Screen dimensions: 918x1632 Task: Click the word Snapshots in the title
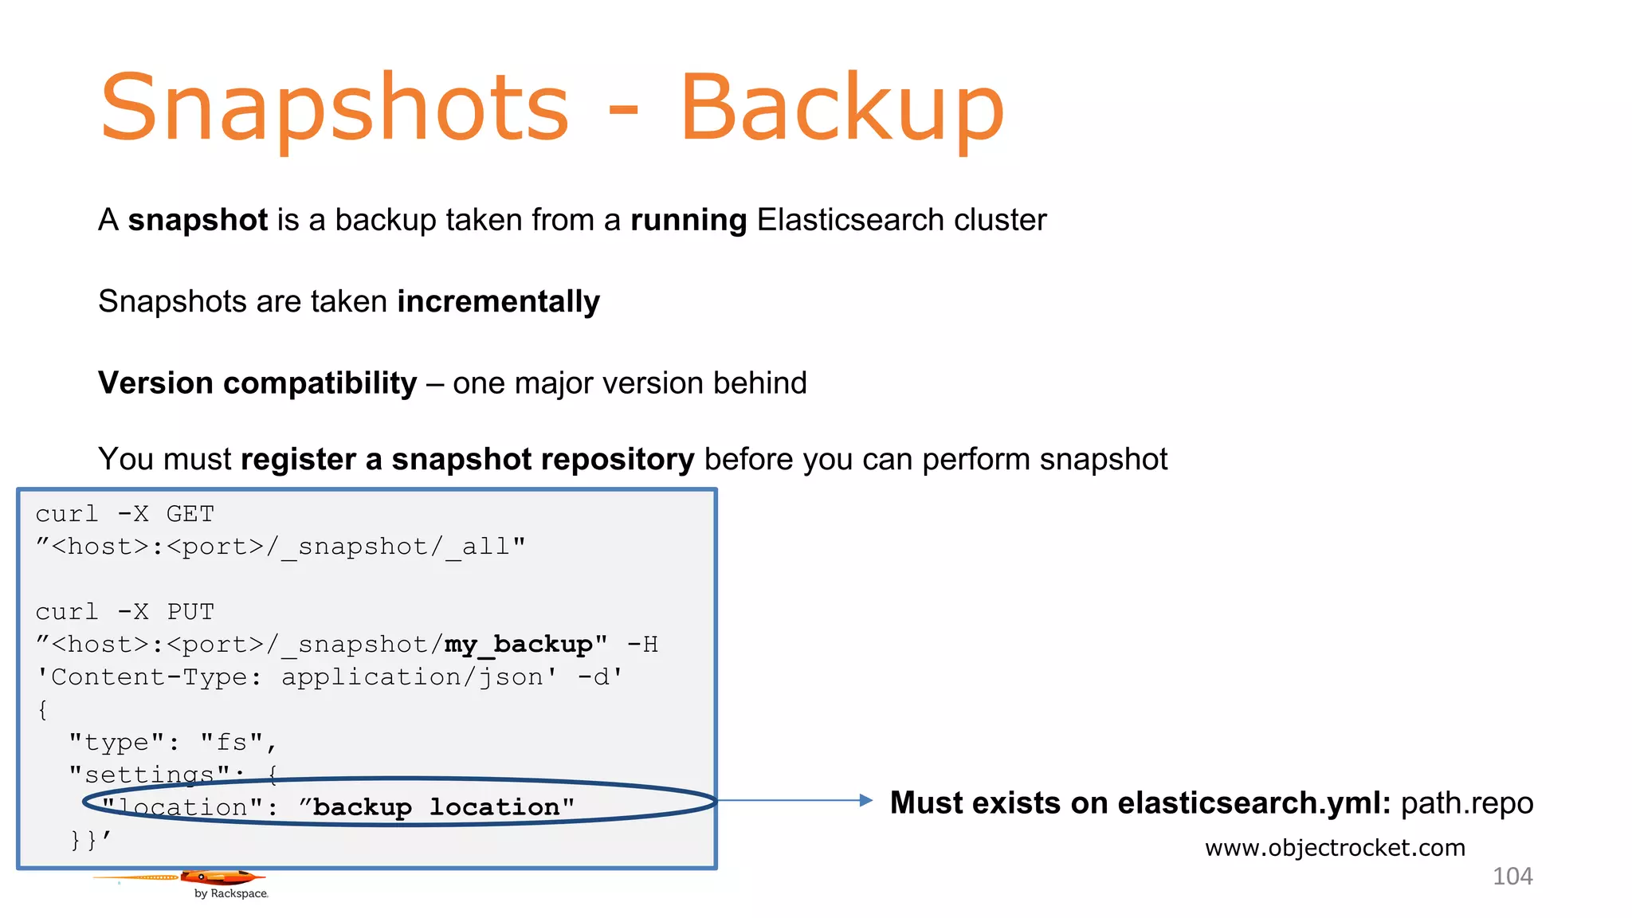click(x=335, y=108)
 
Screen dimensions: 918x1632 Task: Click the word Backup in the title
click(x=841, y=108)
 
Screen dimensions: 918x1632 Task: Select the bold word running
click(x=688, y=220)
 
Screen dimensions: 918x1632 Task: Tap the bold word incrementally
click(x=498, y=302)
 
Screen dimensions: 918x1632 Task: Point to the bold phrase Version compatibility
click(x=257, y=383)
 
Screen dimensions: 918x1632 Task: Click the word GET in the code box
click(x=190, y=514)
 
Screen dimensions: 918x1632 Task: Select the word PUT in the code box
click(x=190, y=612)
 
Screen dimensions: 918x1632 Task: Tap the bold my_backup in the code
click(x=518, y=645)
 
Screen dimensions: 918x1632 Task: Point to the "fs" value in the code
click(x=231, y=743)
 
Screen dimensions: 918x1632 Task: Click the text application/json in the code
click(x=412, y=677)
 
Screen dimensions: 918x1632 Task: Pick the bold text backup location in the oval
click(x=436, y=807)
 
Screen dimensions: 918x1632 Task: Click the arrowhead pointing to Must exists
click(x=866, y=800)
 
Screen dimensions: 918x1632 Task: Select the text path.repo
click(x=1466, y=803)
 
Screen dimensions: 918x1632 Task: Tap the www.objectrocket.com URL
click(x=1335, y=848)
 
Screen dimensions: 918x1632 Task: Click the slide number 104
click(x=1512, y=877)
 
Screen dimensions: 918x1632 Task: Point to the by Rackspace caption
click(x=231, y=894)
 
